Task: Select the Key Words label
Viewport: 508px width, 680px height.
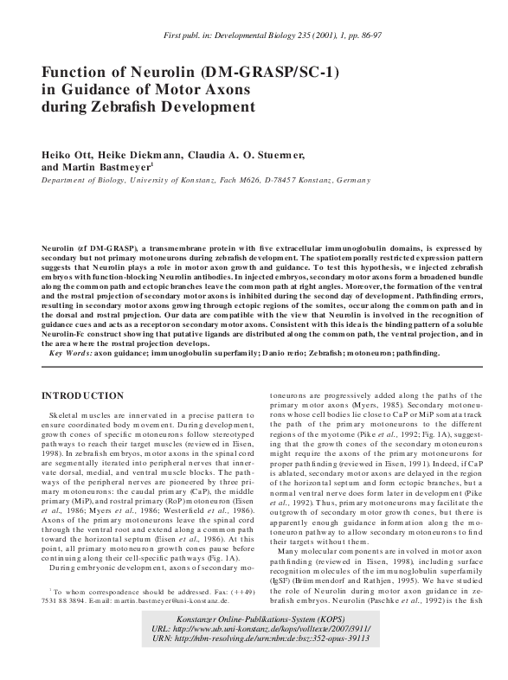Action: (x=71, y=353)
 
